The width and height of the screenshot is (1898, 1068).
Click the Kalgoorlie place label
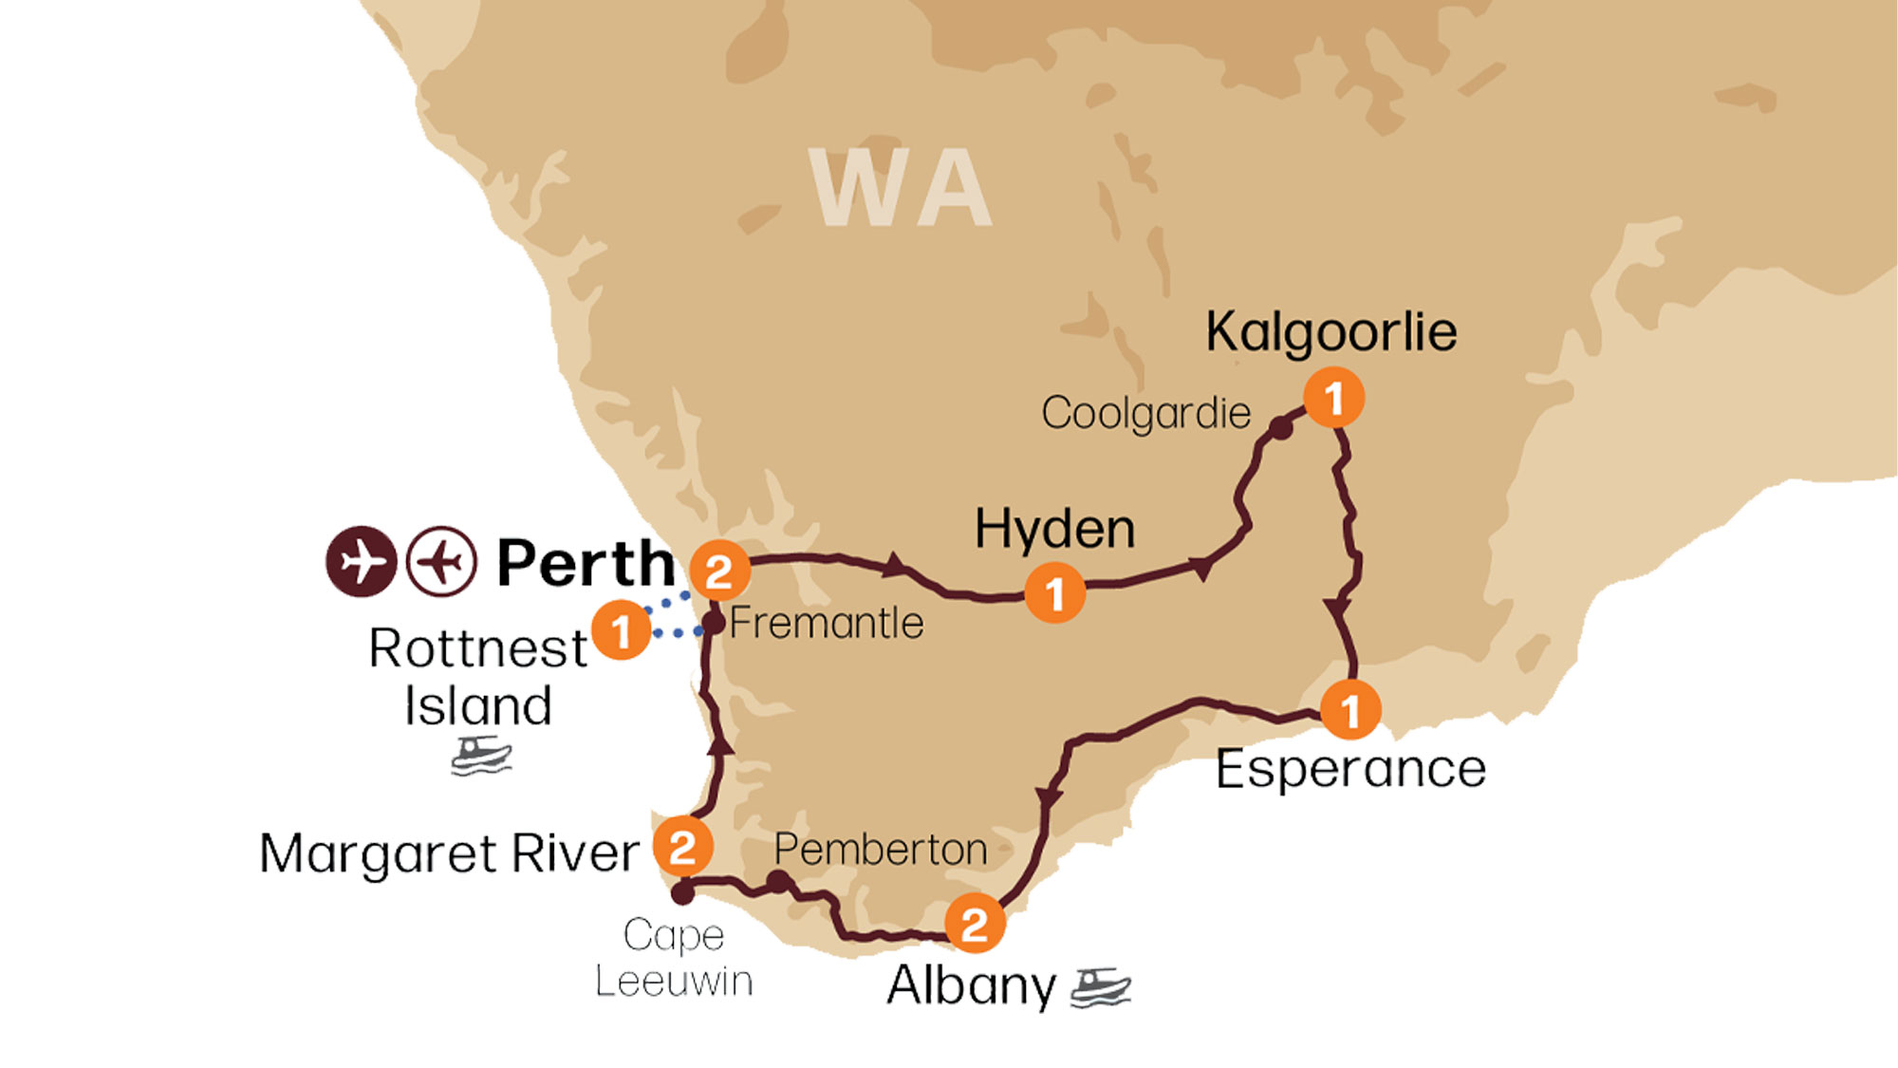pyautogui.click(x=1330, y=332)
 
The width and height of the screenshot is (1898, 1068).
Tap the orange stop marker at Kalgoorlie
pyautogui.click(x=1333, y=398)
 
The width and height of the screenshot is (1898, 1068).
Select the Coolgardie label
pyautogui.click(x=1145, y=414)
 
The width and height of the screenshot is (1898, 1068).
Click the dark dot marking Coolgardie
pyautogui.click(x=1280, y=428)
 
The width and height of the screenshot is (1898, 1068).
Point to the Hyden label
pyautogui.click(x=1054, y=529)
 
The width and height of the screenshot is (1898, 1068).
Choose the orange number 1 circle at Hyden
pyautogui.click(x=1054, y=594)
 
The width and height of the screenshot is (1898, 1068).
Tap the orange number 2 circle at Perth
pyautogui.click(x=719, y=571)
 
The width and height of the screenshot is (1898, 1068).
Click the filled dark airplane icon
pyautogui.click(x=361, y=561)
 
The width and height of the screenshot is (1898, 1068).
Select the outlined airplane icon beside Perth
pyautogui.click(x=441, y=561)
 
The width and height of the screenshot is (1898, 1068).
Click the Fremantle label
pyautogui.click(x=826, y=624)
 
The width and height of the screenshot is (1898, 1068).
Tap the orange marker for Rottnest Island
pyautogui.click(x=621, y=630)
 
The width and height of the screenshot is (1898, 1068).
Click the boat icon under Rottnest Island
pyautogui.click(x=481, y=757)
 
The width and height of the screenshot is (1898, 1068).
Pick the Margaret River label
pyautogui.click(x=449, y=853)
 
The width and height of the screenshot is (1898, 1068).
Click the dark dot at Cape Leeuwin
pyautogui.click(x=682, y=893)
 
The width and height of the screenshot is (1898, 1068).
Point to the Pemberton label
pyautogui.click(x=880, y=850)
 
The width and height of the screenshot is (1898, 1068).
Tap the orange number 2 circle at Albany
pyautogui.click(x=975, y=924)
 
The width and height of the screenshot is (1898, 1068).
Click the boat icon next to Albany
pyautogui.click(x=1101, y=987)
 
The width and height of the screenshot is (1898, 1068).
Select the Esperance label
pyautogui.click(x=1350, y=769)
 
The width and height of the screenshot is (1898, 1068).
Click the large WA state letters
pyautogui.click(x=900, y=188)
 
